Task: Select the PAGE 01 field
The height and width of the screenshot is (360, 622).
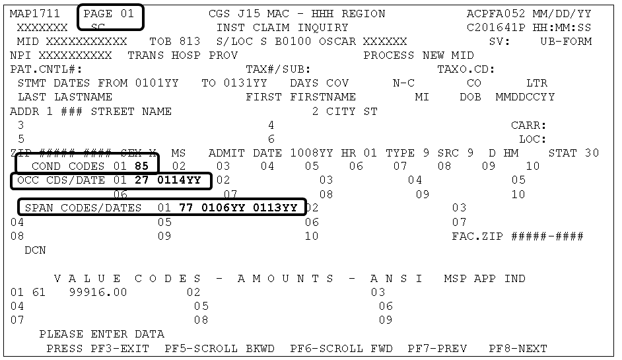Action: pos(110,14)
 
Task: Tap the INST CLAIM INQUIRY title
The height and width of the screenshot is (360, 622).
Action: pos(282,28)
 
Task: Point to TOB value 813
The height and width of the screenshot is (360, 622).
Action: pos(190,42)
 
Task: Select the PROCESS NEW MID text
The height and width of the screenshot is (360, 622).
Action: pos(419,55)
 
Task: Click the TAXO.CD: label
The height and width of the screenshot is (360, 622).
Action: pos(466,69)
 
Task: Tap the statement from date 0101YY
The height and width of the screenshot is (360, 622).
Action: pos(157,83)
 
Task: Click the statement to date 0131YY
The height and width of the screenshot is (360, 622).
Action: pos(245,83)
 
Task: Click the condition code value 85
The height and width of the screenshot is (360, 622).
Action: pos(141,166)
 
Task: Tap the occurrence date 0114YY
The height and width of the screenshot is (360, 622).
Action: pos(183,180)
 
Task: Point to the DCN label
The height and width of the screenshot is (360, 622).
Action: pos(36,251)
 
